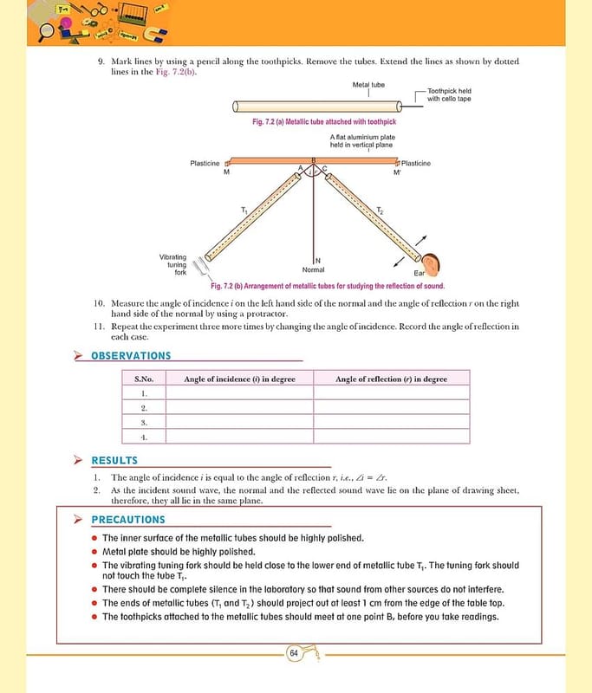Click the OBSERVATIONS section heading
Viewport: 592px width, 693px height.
click(x=131, y=356)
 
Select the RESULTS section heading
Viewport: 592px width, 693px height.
click(x=114, y=461)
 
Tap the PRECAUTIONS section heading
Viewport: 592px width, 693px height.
click(x=127, y=520)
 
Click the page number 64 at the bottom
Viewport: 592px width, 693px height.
click(x=294, y=653)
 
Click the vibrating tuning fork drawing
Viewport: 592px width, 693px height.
click(x=202, y=265)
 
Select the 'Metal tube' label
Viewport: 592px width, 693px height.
click(x=368, y=85)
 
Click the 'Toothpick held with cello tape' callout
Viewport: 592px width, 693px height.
click(x=448, y=94)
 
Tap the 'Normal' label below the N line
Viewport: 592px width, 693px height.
click(x=313, y=270)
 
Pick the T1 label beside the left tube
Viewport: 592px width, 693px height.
click(x=244, y=211)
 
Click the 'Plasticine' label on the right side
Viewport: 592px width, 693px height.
click(x=415, y=163)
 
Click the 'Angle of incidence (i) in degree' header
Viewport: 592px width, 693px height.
click(x=239, y=379)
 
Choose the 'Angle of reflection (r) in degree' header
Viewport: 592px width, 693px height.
click(x=391, y=379)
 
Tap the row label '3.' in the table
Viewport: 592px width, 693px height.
click(x=144, y=422)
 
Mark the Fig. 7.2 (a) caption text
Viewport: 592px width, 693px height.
click(x=323, y=122)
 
